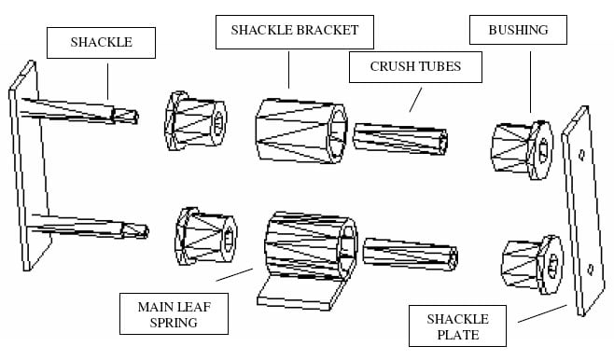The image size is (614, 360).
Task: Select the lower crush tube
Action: pyautogui.click(x=409, y=256)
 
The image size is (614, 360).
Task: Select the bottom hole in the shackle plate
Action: pyautogui.click(x=592, y=270)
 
